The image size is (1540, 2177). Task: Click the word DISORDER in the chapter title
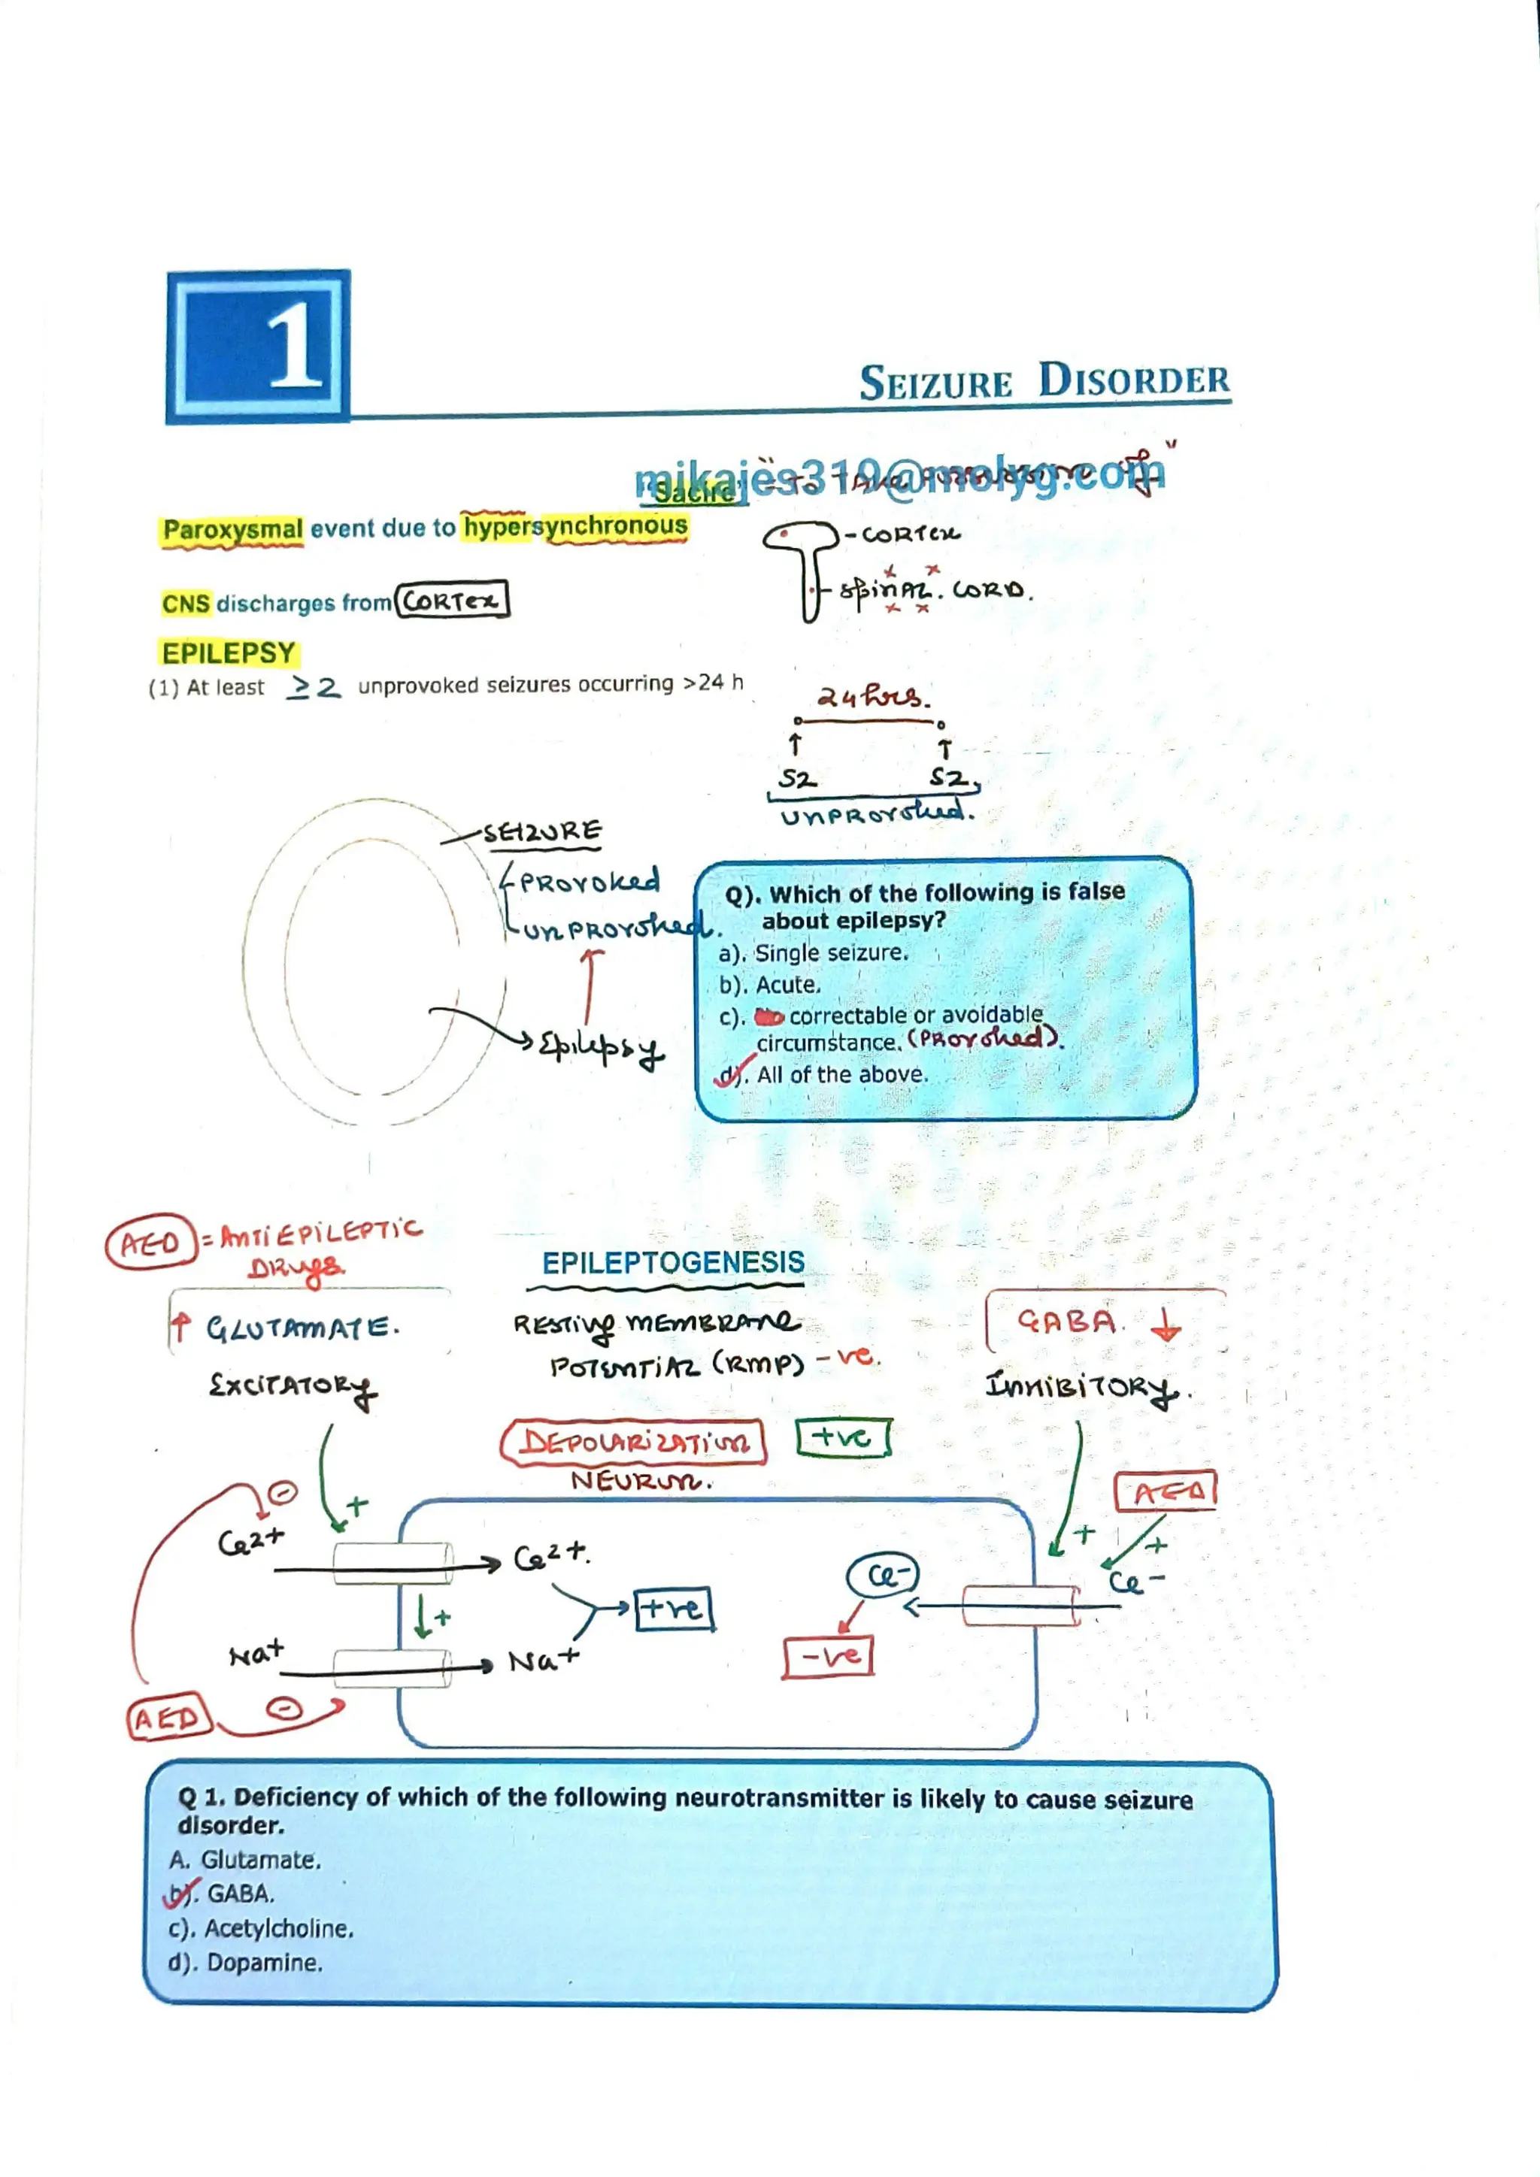1133,381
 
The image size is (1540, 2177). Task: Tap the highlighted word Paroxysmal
232,530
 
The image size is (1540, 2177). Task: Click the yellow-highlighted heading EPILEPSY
229,653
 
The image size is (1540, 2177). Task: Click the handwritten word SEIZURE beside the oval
542,832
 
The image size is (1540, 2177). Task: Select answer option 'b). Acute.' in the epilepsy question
770,986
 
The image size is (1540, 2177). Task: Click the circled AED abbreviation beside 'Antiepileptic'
150,1242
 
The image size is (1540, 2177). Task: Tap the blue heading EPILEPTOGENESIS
672,1263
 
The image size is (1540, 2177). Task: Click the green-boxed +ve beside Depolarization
842,1437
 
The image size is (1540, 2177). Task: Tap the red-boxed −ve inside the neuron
827,1658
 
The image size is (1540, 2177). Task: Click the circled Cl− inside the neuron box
883,1576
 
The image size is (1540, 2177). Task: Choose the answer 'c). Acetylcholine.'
262,1929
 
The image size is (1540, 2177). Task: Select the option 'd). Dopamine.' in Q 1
247,1963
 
